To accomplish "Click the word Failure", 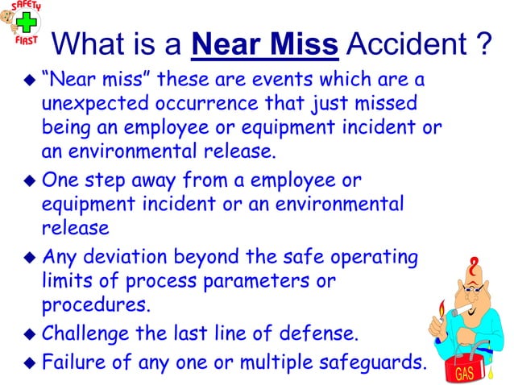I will click(x=73, y=360).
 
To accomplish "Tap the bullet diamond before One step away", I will click(x=30, y=180).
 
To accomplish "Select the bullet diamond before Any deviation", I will click(x=30, y=259).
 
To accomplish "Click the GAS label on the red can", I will click(x=465, y=374).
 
